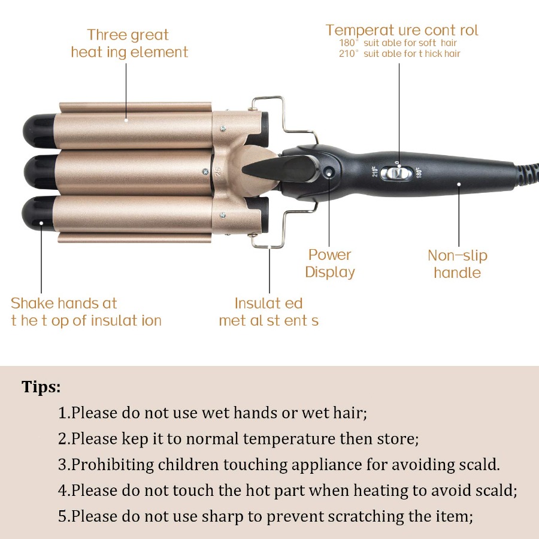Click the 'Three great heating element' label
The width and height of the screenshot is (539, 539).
point(129,44)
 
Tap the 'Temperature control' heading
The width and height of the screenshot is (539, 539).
point(401,31)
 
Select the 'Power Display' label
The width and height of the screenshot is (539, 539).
point(329,264)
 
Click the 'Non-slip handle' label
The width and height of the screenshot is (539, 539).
point(458,264)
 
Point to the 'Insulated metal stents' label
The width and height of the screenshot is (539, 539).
point(268,312)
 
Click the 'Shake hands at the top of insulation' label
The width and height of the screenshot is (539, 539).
point(86,312)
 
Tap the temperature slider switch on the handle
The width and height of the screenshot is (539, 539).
point(399,173)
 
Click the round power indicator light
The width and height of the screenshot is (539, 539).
point(329,172)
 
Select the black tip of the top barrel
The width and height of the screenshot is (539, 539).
point(39,131)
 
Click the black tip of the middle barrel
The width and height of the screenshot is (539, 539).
point(40,172)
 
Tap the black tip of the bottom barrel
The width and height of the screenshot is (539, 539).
point(38,213)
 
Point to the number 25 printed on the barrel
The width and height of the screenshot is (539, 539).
point(218,172)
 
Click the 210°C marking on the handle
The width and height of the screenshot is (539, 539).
point(375,171)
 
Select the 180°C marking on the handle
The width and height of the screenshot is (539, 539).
point(419,172)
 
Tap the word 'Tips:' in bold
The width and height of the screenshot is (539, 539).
point(41,387)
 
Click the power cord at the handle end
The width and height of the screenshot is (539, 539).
point(527,174)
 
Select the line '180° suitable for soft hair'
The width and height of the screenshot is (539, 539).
point(398,43)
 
